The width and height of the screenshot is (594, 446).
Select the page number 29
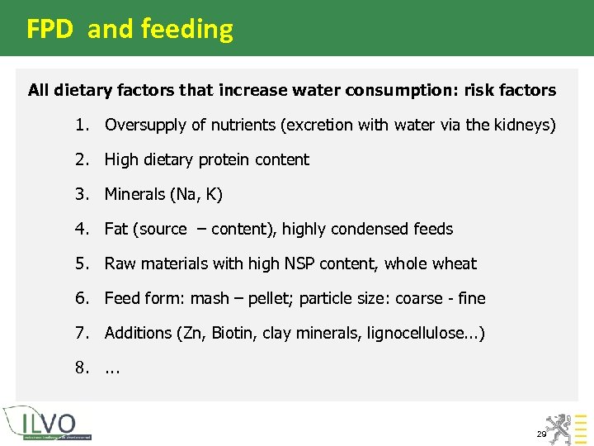pos(541,434)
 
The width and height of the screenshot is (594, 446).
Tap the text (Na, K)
pos(196,195)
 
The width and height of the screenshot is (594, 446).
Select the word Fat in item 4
pos(116,230)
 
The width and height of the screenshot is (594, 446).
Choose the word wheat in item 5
pos(455,264)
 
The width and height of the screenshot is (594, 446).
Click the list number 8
pos(82,368)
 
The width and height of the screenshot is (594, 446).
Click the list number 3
pos(82,195)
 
